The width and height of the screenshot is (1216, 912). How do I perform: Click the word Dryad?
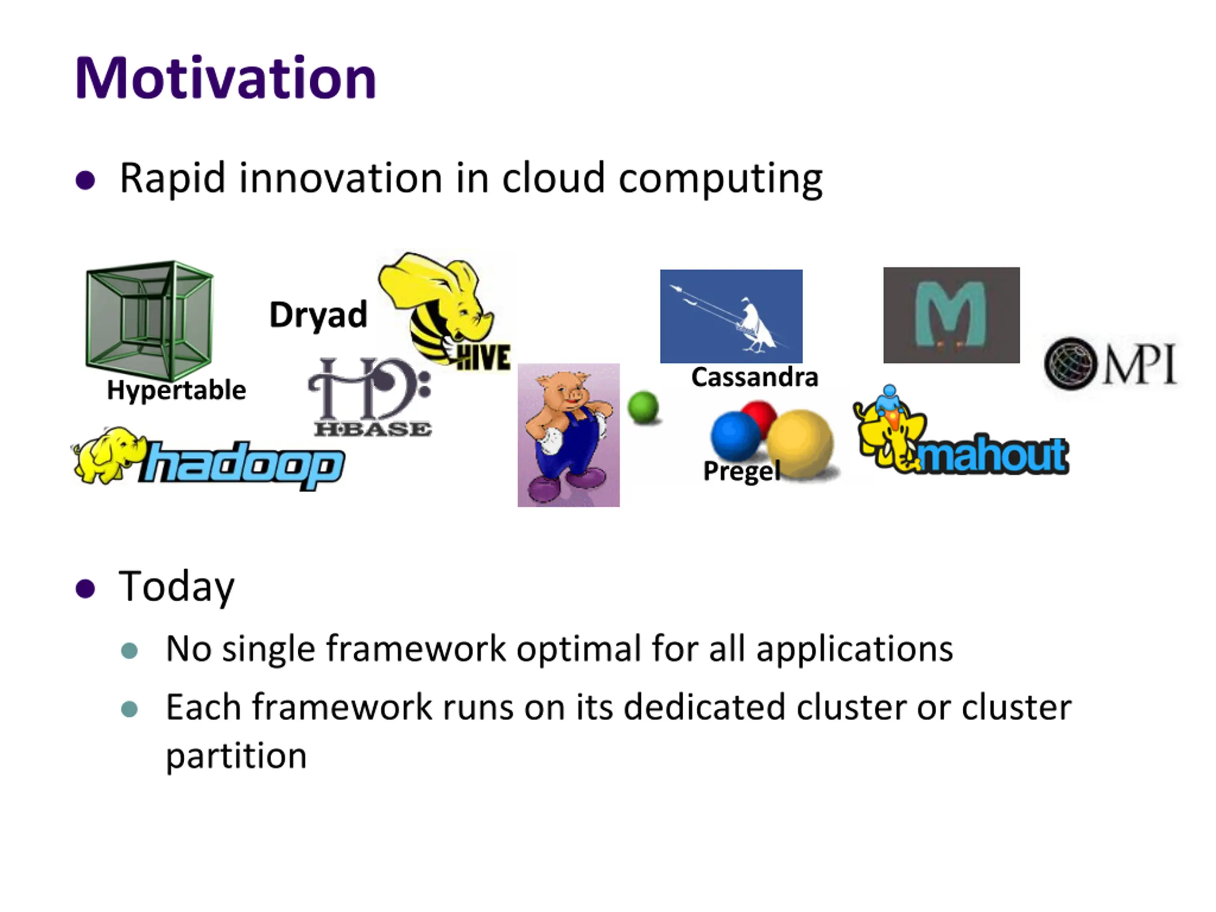[x=318, y=315]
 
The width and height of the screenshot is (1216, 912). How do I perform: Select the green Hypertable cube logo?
[x=150, y=320]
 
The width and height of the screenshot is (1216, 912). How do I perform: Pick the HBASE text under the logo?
[x=373, y=429]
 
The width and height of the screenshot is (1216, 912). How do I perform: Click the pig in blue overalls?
[x=569, y=435]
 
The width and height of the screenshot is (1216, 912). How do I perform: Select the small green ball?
[x=643, y=408]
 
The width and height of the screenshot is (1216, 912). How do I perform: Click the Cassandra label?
[x=755, y=378]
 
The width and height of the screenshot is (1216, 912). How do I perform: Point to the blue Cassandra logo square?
[x=731, y=316]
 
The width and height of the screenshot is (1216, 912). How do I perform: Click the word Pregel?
[x=741, y=471]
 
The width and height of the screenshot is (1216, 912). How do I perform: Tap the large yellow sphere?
[x=800, y=444]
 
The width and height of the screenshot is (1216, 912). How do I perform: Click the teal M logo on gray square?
[x=951, y=315]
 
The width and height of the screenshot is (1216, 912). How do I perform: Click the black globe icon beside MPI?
[x=1070, y=363]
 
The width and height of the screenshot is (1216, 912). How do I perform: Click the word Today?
[x=177, y=588]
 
